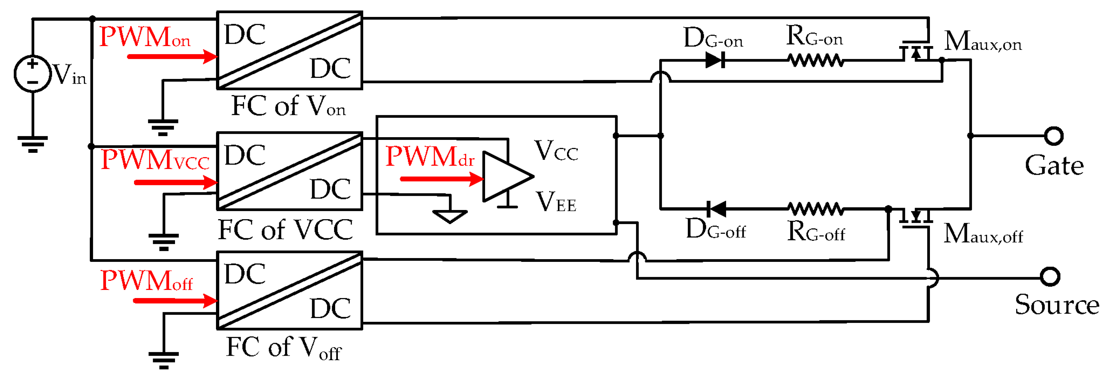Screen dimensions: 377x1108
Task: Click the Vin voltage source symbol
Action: point(33,73)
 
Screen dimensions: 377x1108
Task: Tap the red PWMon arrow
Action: point(172,56)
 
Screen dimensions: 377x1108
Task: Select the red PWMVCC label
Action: point(155,160)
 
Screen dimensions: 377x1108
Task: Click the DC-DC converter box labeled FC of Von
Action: point(289,50)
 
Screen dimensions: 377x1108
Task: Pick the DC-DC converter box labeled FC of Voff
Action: point(289,291)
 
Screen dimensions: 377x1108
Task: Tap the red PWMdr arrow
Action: point(441,179)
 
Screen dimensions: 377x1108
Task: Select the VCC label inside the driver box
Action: point(556,151)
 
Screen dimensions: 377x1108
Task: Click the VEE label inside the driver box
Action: point(556,202)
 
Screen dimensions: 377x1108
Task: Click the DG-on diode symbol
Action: point(715,60)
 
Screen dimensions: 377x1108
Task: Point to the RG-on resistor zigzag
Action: point(816,60)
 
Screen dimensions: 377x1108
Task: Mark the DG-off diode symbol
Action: point(716,209)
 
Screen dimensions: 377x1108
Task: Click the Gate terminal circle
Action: point(1054,136)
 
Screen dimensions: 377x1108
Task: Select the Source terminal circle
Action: point(1050,277)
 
